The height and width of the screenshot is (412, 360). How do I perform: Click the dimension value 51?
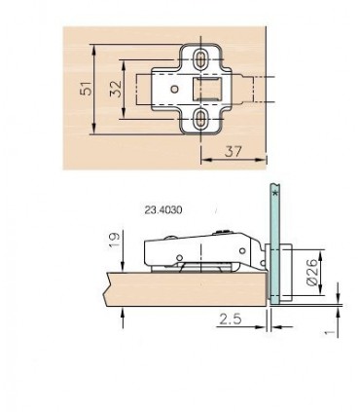pyautogui.click(x=87, y=89)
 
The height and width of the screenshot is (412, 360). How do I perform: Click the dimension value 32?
pyautogui.click(x=116, y=89)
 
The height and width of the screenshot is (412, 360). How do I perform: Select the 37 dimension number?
pyautogui.click(x=233, y=151)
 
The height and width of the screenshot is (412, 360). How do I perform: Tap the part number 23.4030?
pyautogui.click(x=163, y=210)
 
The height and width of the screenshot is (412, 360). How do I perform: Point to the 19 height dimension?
pyautogui.click(x=114, y=241)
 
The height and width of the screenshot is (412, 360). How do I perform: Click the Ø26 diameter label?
pyautogui.click(x=312, y=272)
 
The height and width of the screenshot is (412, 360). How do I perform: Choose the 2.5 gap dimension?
pyautogui.click(x=231, y=319)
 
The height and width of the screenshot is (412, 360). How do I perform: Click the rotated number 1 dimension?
pyautogui.click(x=330, y=332)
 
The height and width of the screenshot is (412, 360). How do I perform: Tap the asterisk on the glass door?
pyautogui.click(x=275, y=193)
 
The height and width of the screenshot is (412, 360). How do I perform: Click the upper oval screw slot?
pyautogui.click(x=200, y=59)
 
